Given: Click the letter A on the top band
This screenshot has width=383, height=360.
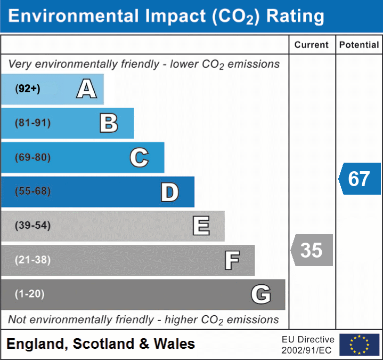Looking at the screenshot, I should (86, 89).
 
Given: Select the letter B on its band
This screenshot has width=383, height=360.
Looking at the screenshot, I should (109, 123).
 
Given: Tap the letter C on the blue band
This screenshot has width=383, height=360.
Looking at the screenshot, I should (139, 157).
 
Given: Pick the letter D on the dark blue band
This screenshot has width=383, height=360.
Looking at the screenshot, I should (169, 192).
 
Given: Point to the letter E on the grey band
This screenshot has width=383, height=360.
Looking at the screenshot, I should (201, 226).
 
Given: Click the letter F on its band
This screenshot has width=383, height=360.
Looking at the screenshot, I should (232, 260).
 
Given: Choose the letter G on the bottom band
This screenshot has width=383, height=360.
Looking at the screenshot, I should (261, 294).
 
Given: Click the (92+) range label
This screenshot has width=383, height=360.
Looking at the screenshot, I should (28, 89).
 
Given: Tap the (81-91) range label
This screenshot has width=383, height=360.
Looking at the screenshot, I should (32, 123).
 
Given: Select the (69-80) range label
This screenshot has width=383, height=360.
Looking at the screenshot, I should (32, 157).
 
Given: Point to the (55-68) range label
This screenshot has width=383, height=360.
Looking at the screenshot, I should (32, 191).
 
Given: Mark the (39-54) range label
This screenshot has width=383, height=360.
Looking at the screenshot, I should (32, 226).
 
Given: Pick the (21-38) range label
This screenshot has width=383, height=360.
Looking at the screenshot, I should (32, 260).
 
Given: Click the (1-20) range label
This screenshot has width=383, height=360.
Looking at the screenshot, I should (30, 294).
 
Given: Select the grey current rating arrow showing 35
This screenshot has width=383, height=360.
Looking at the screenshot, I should (312, 250).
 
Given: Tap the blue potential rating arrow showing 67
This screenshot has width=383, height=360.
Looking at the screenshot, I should (360, 179).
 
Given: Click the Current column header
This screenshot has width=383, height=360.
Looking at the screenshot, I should (312, 45).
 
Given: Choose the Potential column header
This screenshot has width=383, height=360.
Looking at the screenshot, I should (359, 45).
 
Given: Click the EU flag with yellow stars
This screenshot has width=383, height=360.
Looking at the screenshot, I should (359, 345).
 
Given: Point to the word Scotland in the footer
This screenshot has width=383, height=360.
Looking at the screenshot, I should (103, 344).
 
